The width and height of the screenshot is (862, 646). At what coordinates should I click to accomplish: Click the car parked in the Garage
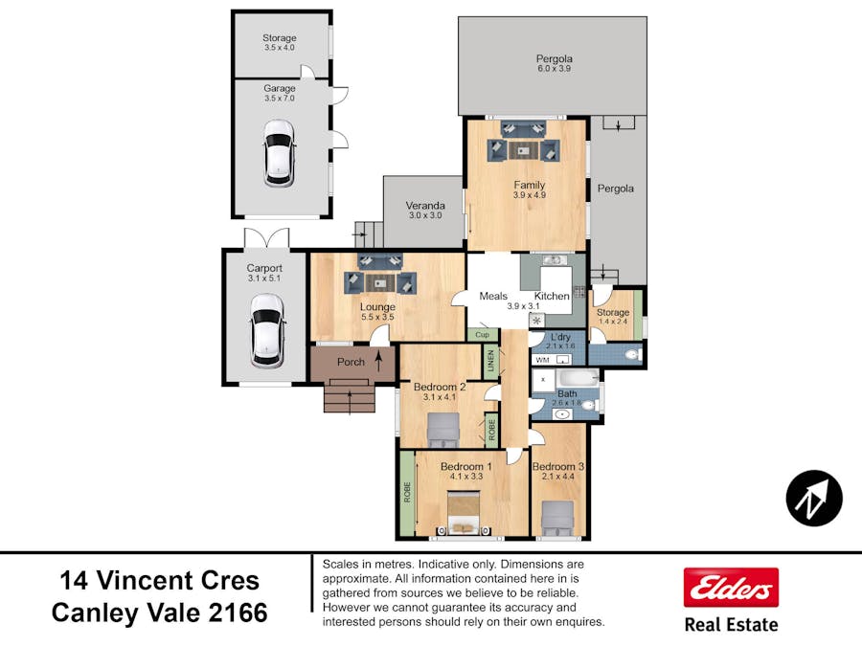tap(279, 152)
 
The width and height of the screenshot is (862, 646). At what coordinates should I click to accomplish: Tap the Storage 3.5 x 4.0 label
tap(280, 43)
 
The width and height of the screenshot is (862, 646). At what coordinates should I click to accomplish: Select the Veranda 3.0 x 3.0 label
tap(424, 211)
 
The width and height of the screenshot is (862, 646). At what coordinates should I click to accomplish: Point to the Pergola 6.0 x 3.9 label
tap(554, 64)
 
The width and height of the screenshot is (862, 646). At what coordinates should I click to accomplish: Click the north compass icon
tap(814, 498)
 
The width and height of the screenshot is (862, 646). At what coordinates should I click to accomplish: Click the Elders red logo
tap(730, 587)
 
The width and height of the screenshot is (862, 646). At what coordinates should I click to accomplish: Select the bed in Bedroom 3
tap(557, 518)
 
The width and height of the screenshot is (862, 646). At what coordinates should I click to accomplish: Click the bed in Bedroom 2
tap(442, 430)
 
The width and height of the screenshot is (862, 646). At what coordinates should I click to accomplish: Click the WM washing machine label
tap(542, 360)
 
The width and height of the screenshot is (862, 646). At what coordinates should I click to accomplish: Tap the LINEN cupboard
tap(491, 362)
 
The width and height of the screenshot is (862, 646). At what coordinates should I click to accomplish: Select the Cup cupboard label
tap(483, 335)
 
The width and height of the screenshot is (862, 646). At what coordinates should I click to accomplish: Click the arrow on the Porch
tap(379, 362)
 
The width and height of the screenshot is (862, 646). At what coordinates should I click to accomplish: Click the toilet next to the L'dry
tap(629, 356)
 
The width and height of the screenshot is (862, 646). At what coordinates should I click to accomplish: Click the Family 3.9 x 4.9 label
tap(529, 189)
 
